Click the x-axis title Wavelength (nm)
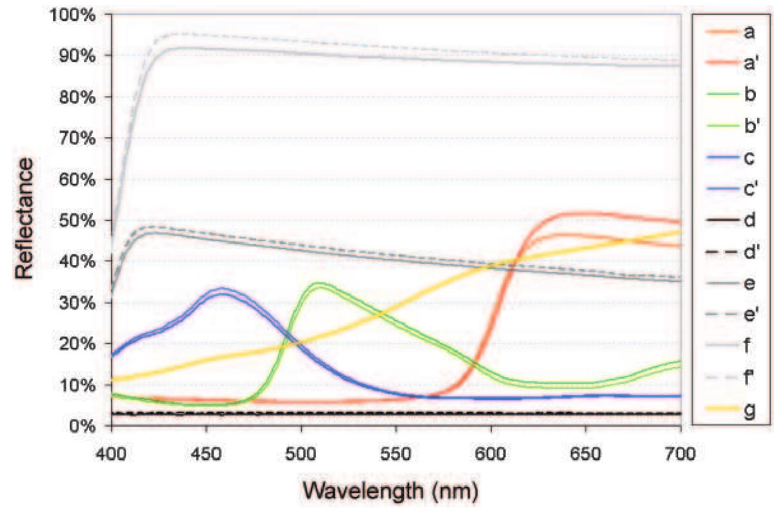tap(391, 491)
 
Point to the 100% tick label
tap(72, 15)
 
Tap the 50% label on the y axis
tap(77, 221)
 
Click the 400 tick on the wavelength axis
tap(111, 452)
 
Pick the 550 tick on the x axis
tap(396, 452)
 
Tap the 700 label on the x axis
tap(680, 452)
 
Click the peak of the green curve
tap(318, 284)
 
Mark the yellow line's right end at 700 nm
tap(680, 232)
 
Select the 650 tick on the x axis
tap(585, 452)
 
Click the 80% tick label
tap(77, 97)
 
